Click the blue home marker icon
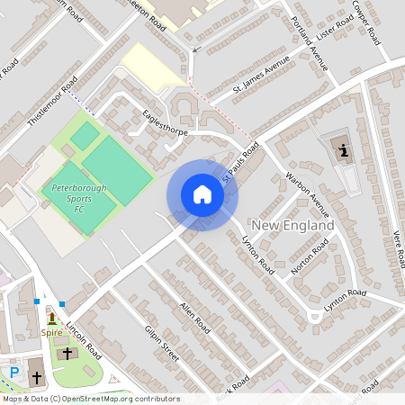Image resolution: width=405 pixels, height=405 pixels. pyautogui.click(x=202, y=194)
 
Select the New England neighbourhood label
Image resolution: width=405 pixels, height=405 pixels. pyautogui.click(x=293, y=224)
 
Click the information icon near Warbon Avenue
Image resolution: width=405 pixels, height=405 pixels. pyautogui.click(x=344, y=151)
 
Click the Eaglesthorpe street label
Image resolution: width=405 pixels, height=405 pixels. pyautogui.click(x=165, y=123)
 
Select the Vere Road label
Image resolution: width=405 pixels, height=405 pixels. pyautogui.click(x=396, y=245)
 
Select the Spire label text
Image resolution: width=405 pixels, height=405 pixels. pyautogui.click(x=51, y=332)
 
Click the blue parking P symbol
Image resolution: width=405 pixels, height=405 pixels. pyautogui.click(x=13, y=372)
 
